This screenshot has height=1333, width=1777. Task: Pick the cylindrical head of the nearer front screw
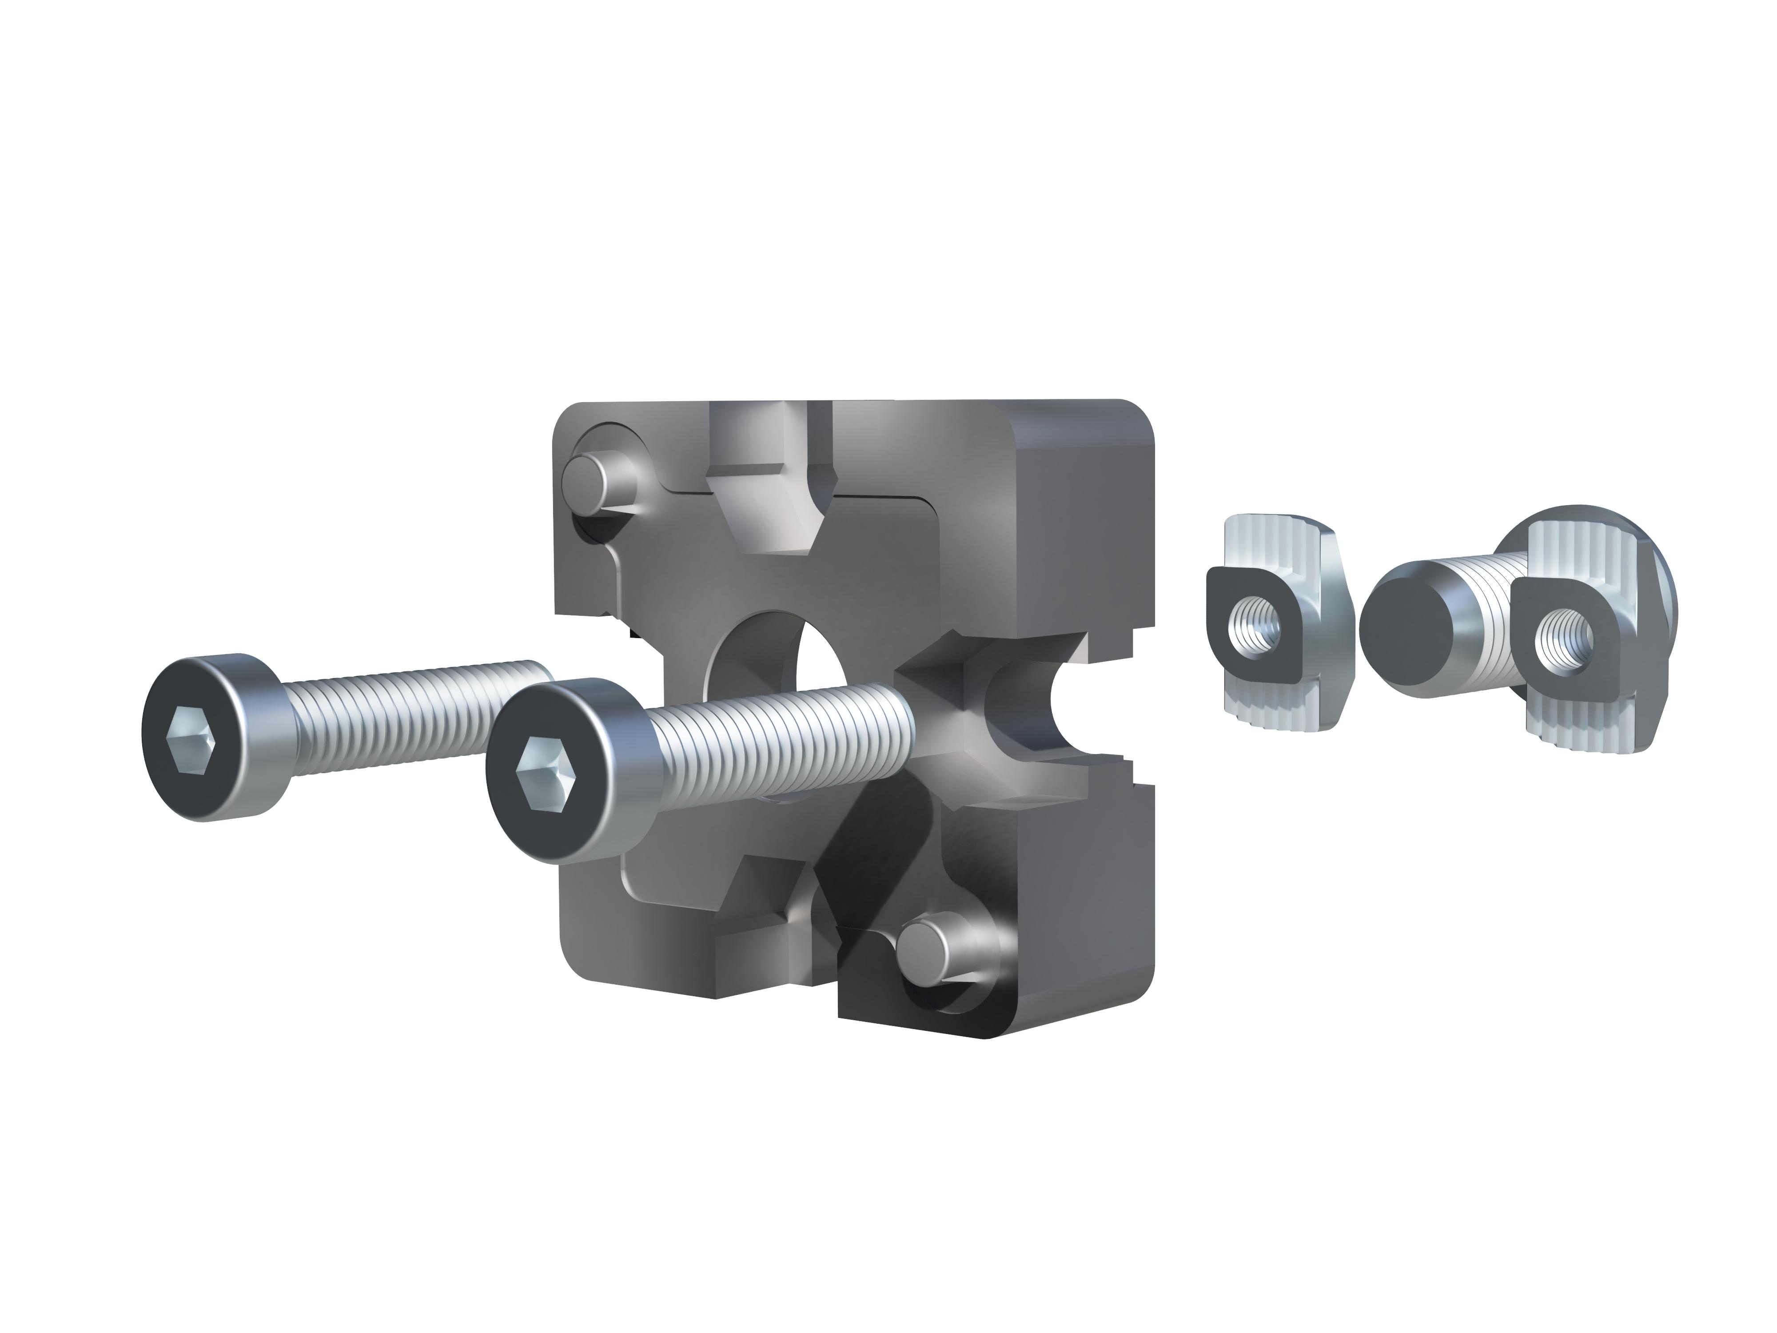(x=610, y=771)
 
